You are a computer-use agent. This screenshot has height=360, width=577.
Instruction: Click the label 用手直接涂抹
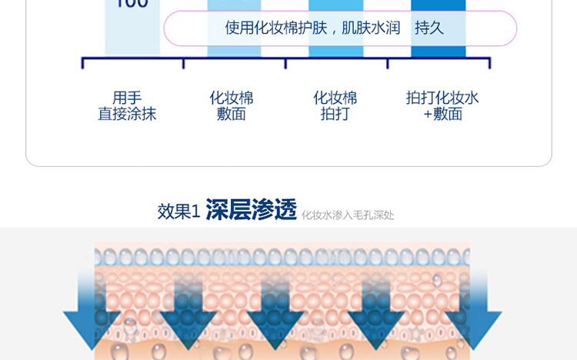127,106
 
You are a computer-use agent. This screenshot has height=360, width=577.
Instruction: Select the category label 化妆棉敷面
232,106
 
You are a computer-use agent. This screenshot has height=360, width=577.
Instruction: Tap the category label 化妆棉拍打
335,106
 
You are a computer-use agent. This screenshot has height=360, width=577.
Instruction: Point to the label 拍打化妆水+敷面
442,106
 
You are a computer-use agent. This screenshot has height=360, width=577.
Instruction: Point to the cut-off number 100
132,4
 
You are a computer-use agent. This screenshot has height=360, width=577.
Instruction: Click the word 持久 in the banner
429,28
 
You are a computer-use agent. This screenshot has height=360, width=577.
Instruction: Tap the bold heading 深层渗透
251,210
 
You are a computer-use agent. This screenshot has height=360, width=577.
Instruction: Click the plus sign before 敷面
428,115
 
